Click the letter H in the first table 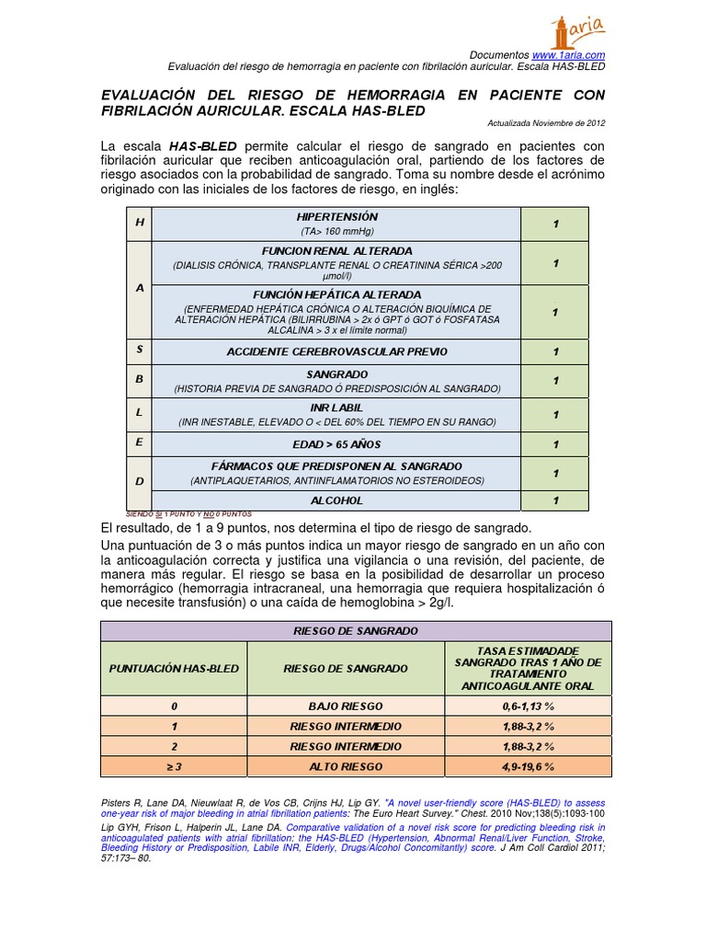pyautogui.click(x=140, y=224)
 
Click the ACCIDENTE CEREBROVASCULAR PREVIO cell pyautogui.click(x=336, y=352)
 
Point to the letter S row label pyautogui.click(x=140, y=350)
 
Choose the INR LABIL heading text pyautogui.click(x=336, y=407)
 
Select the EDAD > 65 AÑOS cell pyautogui.click(x=336, y=444)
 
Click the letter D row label pyautogui.click(x=140, y=481)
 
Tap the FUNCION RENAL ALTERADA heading pyautogui.click(x=336, y=251)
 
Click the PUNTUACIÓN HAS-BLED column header pyautogui.click(x=173, y=669)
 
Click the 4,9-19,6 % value pyautogui.click(x=529, y=766)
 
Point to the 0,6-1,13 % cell pyautogui.click(x=529, y=706)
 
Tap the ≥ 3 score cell pyautogui.click(x=173, y=766)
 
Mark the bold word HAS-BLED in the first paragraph pyautogui.click(x=202, y=146)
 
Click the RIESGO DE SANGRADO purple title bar pyautogui.click(x=355, y=631)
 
